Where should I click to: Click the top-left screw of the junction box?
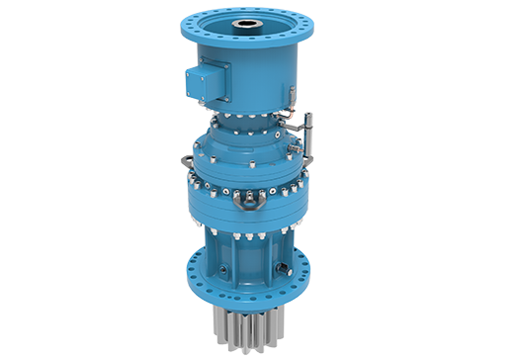pos(196,67)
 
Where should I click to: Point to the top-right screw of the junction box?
pos(225,69)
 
